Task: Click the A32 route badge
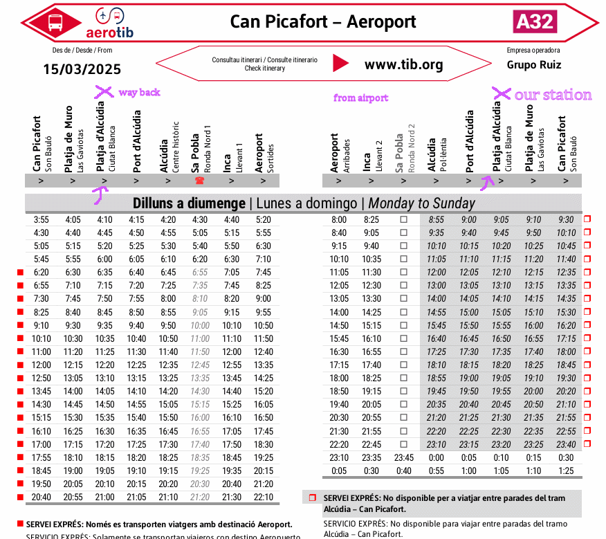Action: (x=535, y=21)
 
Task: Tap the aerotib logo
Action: (x=110, y=23)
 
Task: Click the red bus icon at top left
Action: (x=55, y=22)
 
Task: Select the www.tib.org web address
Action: (x=403, y=64)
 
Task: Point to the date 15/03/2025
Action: (x=82, y=69)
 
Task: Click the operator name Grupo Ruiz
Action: (x=533, y=65)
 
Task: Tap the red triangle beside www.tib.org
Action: (x=340, y=64)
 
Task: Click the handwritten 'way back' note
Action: (x=139, y=92)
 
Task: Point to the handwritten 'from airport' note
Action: (x=360, y=98)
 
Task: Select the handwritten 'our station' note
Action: (x=553, y=95)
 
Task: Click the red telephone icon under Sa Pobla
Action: (x=199, y=181)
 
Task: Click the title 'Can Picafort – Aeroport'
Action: (x=323, y=21)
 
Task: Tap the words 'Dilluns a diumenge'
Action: (x=188, y=203)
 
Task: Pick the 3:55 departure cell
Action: (x=41, y=219)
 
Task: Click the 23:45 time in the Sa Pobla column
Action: (x=403, y=457)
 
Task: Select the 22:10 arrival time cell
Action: (x=264, y=497)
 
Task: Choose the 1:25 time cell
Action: (x=566, y=471)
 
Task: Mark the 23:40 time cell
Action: (x=566, y=444)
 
